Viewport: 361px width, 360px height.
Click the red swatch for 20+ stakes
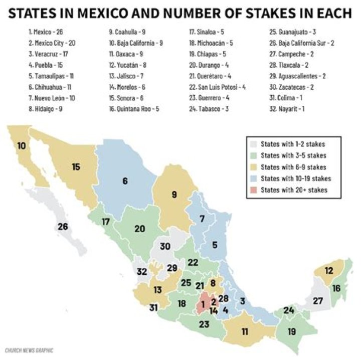click(x=253, y=190)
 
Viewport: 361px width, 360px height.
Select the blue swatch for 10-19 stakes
click(x=253, y=178)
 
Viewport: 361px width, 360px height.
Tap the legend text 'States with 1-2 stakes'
click(x=291, y=143)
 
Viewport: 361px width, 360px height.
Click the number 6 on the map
click(x=125, y=181)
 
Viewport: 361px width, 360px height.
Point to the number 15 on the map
click(x=76, y=167)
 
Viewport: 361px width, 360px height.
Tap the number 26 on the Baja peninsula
click(x=63, y=226)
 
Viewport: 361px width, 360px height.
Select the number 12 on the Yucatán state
click(x=328, y=271)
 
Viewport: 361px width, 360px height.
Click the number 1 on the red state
click(x=203, y=304)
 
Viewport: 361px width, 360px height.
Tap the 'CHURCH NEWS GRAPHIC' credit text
click(x=29, y=350)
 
